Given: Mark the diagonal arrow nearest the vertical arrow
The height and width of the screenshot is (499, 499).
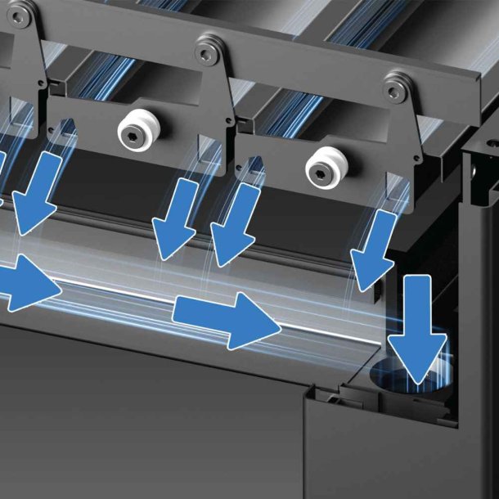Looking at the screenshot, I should [374, 245].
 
